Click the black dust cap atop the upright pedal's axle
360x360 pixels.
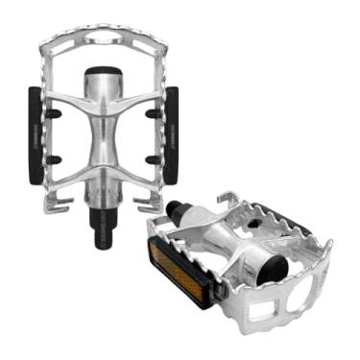click(x=104, y=78)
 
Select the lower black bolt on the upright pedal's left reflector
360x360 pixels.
click(x=55, y=159)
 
